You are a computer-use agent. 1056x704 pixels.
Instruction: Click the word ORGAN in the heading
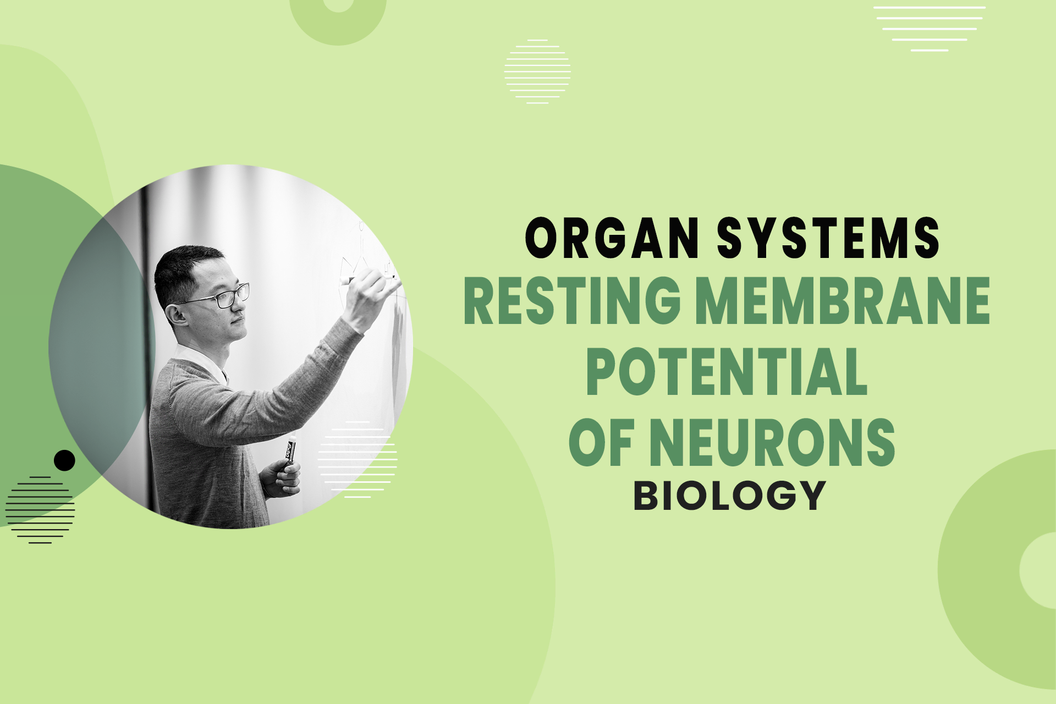click(x=612, y=238)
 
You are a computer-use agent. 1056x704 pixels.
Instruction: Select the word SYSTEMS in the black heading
click(x=828, y=238)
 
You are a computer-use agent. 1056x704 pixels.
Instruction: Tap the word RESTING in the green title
click(x=572, y=301)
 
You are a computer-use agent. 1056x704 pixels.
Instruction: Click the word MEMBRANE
click(x=843, y=301)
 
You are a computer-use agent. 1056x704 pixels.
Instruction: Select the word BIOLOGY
click(x=730, y=496)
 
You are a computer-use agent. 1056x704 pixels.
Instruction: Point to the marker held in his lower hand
click(x=289, y=449)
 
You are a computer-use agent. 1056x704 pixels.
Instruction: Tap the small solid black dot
click(x=64, y=460)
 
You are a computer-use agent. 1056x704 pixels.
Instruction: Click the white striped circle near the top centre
click(x=537, y=71)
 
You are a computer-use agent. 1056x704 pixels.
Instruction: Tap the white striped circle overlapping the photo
click(x=358, y=460)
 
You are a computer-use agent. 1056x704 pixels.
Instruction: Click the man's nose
click(x=243, y=314)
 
